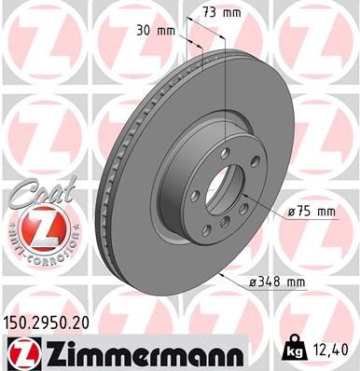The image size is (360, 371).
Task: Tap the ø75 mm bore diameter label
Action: [310, 212]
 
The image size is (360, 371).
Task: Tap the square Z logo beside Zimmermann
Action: [19, 353]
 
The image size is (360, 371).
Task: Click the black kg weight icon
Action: [292, 349]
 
